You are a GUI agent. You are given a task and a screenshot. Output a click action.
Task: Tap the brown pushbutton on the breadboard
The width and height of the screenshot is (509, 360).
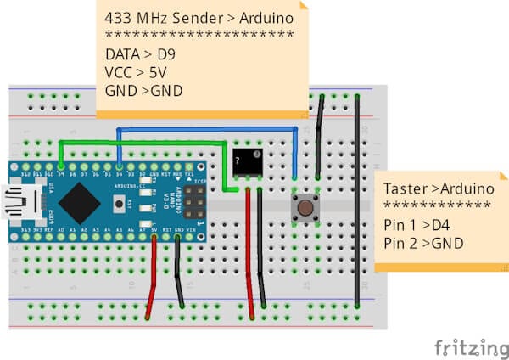pos(305,206)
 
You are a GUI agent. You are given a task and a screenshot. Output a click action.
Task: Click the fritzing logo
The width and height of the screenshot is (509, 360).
pos(466,347)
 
